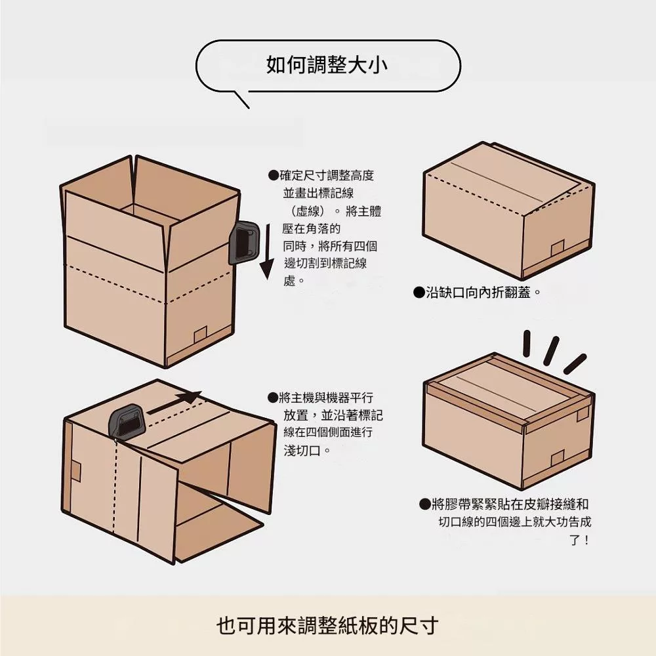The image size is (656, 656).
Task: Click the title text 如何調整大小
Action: (x=327, y=64)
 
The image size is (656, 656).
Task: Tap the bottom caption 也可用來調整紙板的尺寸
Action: (x=327, y=626)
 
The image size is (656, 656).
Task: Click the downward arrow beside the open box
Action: (x=267, y=251)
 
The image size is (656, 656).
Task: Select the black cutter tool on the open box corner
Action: (x=243, y=243)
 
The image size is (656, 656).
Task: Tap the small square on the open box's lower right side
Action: (x=200, y=335)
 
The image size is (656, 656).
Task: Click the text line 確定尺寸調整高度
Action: (x=327, y=175)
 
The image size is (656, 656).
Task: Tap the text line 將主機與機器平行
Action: (x=326, y=398)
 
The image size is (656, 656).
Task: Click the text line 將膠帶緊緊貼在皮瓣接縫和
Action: (x=510, y=504)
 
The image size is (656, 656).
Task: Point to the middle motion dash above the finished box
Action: (x=551, y=350)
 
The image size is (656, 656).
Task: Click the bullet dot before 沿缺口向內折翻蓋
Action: (x=419, y=293)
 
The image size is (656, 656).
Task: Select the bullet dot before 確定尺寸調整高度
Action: (x=273, y=175)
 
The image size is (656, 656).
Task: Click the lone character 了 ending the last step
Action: (x=575, y=540)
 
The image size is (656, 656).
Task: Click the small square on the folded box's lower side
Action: (x=558, y=249)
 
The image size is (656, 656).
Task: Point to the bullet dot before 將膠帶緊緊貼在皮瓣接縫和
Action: (x=424, y=504)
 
